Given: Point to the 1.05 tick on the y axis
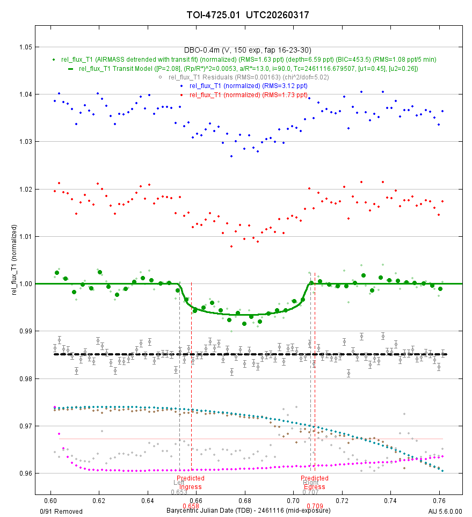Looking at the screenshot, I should (25, 47).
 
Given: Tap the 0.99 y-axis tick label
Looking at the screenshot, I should (25, 331).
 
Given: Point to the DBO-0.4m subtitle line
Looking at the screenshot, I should (248, 50).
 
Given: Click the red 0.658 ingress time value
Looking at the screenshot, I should (191, 506).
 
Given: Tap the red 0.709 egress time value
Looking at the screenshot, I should (315, 506).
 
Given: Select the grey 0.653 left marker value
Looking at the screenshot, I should (179, 492).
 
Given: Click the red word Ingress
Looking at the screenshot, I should (191, 487).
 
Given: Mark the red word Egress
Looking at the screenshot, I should (315, 487).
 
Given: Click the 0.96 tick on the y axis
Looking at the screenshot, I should (25, 474).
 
